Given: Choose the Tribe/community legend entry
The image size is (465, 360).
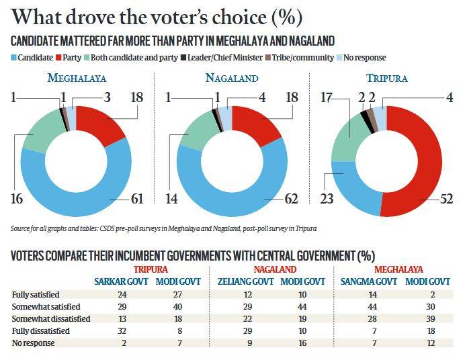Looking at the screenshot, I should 298,58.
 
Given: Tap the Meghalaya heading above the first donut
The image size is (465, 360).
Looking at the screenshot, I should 76,78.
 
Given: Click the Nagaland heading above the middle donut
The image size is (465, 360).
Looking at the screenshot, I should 232,78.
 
